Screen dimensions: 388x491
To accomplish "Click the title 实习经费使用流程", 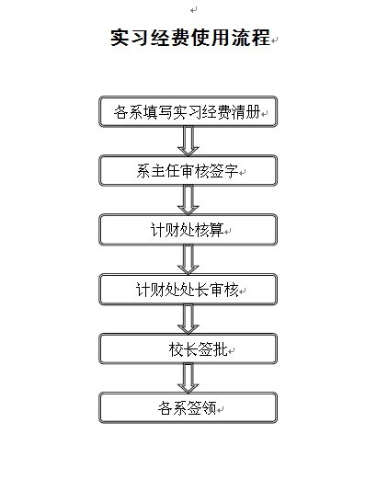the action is pos(190,38).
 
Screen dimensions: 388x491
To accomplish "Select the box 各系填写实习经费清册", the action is pos(188,111).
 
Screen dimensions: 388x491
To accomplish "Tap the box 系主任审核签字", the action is pos(188,171).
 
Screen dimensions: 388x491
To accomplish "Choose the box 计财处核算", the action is pos(188,230).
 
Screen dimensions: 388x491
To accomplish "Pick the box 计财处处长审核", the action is pos(188,289).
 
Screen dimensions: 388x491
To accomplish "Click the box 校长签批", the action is pos(188,348).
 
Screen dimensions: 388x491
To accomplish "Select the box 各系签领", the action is pos(188,407).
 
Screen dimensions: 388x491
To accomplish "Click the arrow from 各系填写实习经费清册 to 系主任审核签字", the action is pos(188,141).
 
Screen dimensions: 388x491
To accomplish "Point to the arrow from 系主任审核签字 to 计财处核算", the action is pos(188,200).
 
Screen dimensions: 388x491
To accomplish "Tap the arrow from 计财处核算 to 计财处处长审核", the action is pos(188,259).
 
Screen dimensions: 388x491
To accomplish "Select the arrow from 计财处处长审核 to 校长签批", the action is pos(188,319).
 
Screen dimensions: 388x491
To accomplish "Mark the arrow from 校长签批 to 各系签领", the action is pos(188,378).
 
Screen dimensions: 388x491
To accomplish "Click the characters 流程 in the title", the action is pos(250,38).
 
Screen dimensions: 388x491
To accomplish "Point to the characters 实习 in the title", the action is pos(130,38).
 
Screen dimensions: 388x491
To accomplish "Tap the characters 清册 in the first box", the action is pos(245,112).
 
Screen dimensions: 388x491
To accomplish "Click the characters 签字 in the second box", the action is pos(224,171).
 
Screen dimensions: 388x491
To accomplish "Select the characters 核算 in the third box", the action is pos(210,230).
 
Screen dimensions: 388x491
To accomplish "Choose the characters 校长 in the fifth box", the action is pos(183,349).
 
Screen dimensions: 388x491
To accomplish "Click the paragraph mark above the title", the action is pos(193,10).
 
